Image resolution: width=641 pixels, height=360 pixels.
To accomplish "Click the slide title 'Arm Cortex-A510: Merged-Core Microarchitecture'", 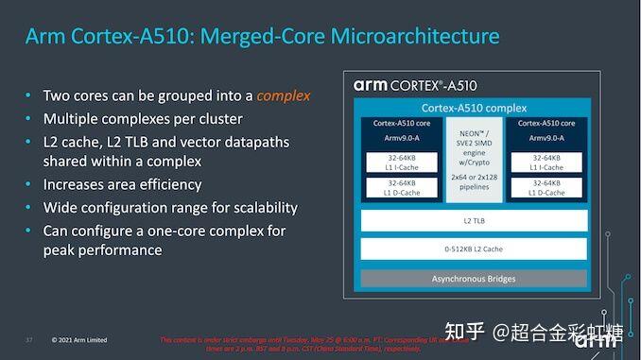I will [262, 38].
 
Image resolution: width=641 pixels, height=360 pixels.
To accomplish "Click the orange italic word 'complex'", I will [284, 95].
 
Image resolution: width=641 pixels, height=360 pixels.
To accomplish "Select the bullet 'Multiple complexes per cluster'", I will [143, 119].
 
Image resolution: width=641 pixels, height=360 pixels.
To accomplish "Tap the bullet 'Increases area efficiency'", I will [122, 184].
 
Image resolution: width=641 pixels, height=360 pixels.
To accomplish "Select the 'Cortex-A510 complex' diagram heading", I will [474, 108].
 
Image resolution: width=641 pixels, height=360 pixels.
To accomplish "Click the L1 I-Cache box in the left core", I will [402, 162].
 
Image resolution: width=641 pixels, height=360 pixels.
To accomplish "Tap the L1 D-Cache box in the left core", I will [402, 187].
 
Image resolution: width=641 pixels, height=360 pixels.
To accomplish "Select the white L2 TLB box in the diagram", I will [474, 220].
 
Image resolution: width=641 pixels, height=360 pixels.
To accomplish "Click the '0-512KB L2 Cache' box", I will [474, 250].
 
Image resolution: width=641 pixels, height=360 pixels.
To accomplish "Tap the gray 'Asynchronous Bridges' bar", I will [474, 280].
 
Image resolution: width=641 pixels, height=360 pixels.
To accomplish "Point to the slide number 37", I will [29, 340].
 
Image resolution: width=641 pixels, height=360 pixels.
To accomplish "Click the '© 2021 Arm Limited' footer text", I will [79, 340].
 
